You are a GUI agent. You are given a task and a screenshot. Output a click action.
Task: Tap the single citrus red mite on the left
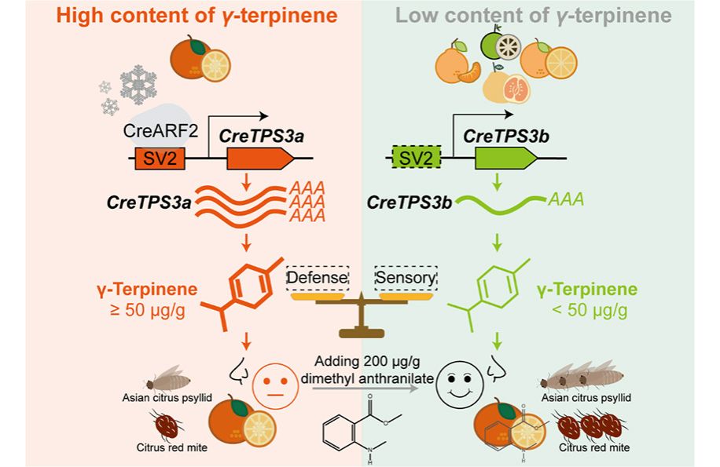point(167,426)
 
